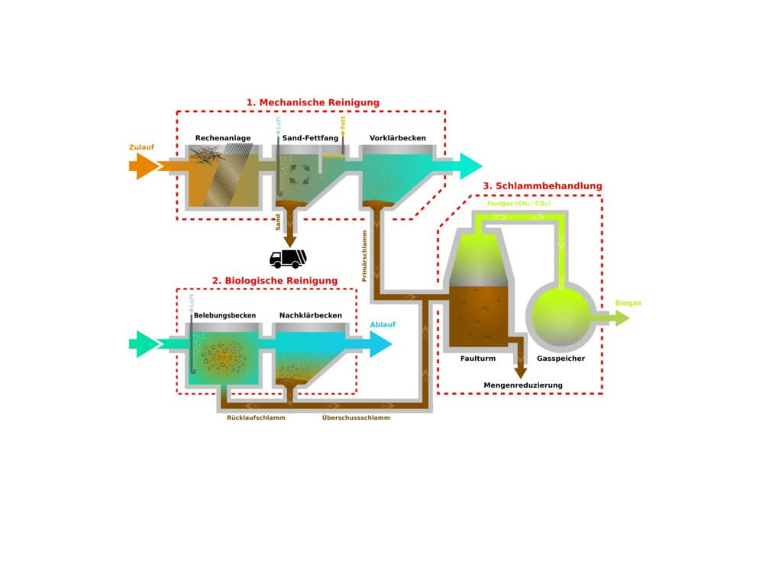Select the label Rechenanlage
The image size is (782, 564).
[223, 138]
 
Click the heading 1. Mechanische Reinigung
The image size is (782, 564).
[312, 102]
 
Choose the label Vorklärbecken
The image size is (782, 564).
[397, 138]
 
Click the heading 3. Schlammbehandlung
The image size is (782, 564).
[542, 185]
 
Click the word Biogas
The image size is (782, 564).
[628, 304]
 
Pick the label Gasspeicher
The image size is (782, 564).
[561, 358]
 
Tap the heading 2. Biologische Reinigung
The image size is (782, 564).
[274, 281]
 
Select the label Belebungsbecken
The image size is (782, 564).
[225, 315]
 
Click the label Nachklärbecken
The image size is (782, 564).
[311, 315]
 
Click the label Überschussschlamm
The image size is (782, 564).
[356, 418]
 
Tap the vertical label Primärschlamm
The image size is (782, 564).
[365, 255]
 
